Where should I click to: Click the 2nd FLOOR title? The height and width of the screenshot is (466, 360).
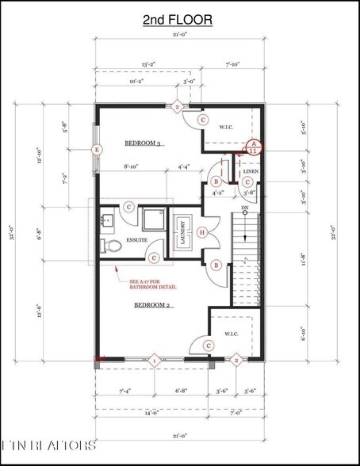click(x=178, y=20)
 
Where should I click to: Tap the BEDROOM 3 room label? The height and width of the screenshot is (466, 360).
click(x=144, y=143)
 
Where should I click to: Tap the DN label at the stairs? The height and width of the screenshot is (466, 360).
click(x=246, y=208)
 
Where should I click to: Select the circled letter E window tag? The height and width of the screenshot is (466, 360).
click(x=97, y=149)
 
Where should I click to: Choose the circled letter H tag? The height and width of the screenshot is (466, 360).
click(x=203, y=231)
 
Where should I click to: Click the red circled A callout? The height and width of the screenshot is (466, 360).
click(x=253, y=143)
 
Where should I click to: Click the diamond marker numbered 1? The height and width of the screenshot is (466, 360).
click(x=155, y=361)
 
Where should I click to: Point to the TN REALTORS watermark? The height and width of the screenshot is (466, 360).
click(x=48, y=445)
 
